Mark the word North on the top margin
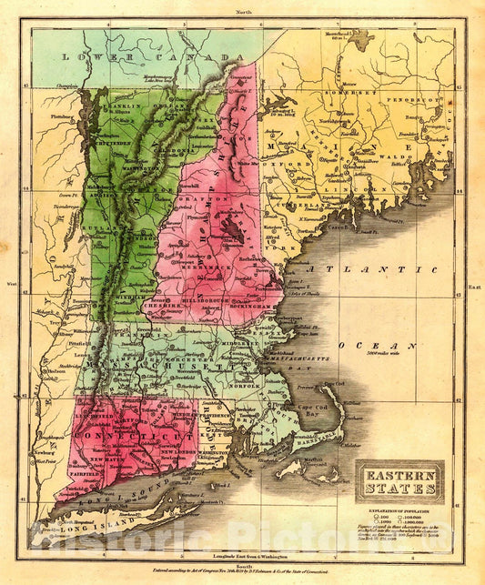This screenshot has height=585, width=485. pos(243,12)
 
